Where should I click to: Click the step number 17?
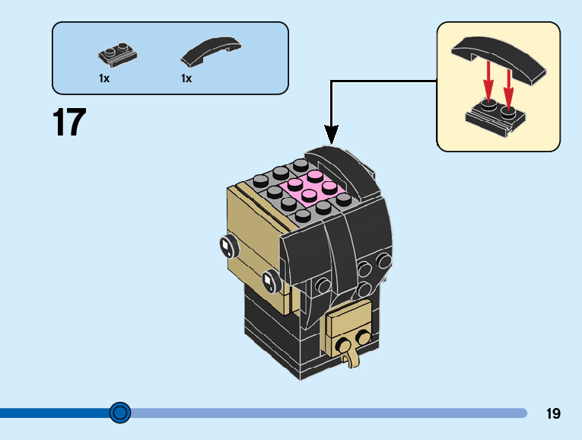click(x=69, y=122)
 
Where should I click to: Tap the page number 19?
click(x=553, y=413)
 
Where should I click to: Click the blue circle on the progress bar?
click(x=120, y=413)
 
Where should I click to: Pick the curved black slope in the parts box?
click(x=211, y=51)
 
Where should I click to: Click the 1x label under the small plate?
click(x=104, y=78)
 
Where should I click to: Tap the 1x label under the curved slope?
click(x=186, y=78)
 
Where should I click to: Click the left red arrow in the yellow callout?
click(x=489, y=81)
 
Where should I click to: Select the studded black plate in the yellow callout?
click(x=495, y=117)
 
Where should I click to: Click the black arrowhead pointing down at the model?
click(x=331, y=134)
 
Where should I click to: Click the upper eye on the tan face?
click(x=227, y=246)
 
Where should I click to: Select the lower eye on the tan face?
click(x=270, y=281)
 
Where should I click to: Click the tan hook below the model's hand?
click(x=351, y=357)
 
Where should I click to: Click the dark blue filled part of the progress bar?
click(x=55, y=413)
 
